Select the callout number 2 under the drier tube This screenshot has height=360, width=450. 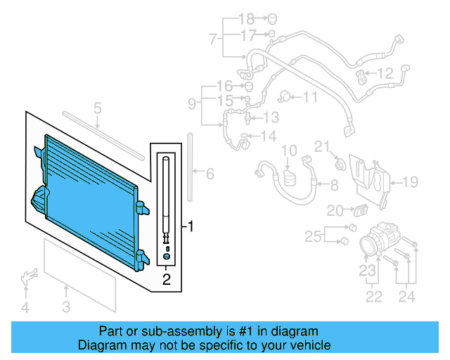(x=166, y=281)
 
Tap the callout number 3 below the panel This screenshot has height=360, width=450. (x=65, y=306)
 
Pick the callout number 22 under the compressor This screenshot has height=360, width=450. (x=374, y=297)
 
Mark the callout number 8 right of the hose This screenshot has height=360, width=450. (x=333, y=185)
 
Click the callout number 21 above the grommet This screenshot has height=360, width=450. (x=321, y=146)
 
